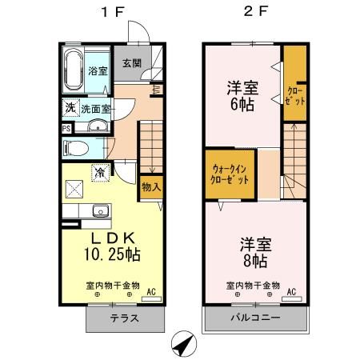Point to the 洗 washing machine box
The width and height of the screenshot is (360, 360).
(70, 108)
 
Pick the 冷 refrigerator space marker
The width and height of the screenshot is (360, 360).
(101, 171)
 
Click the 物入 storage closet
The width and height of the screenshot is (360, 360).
(150, 186)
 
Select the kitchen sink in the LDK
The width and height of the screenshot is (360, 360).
(99, 211)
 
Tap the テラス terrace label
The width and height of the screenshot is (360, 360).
(124, 318)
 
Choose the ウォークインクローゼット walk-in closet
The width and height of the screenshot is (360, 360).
(230, 174)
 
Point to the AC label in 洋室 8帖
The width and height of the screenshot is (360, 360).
(292, 291)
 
